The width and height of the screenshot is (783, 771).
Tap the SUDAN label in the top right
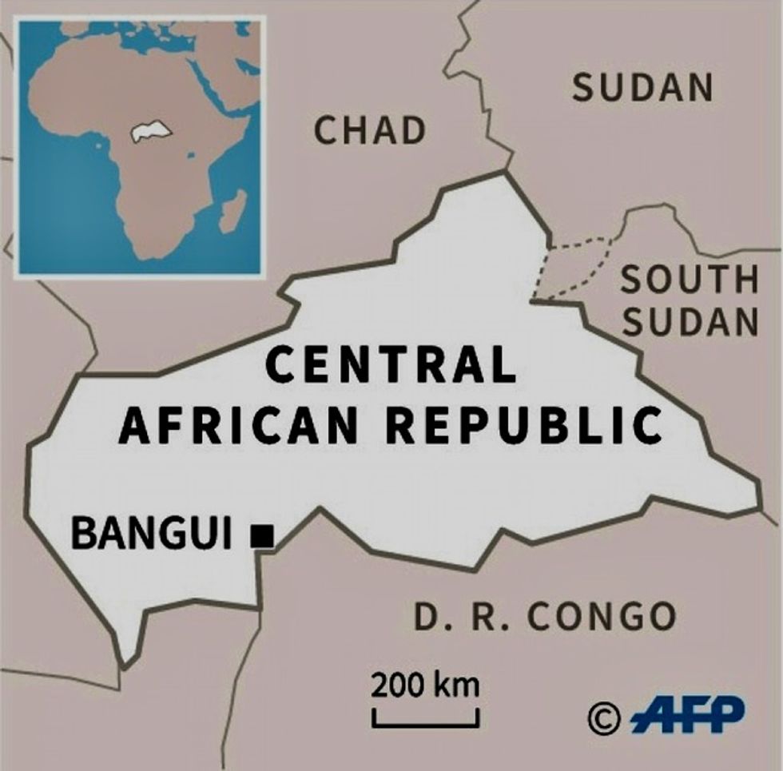tap(642, 88)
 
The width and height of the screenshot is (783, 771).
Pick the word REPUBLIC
tap(531, 425)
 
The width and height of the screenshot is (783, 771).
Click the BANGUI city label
tap(152, 534)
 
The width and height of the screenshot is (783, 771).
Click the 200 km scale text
tap(424, 685)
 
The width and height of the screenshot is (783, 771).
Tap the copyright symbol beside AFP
tap(604, 717)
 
